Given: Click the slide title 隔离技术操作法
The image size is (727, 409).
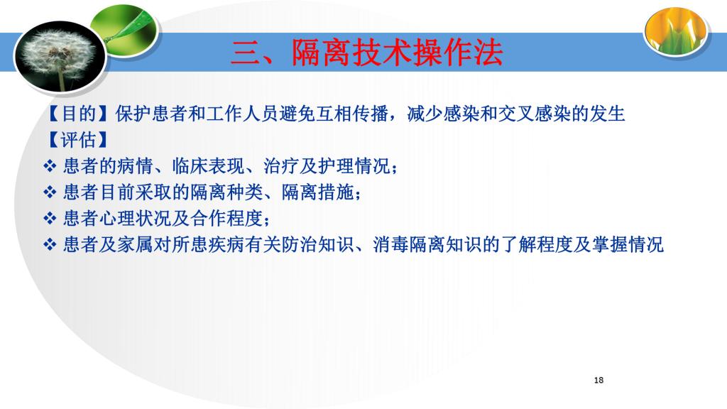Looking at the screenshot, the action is [x=398, y=53].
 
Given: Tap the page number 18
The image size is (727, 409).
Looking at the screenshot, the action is [x=598, y=381].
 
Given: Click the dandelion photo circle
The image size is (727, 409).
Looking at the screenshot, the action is [x=61, y=56].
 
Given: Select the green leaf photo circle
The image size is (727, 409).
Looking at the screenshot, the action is [x=124, y=31].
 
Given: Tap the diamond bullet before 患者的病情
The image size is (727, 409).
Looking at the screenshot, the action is [x=50, y=166].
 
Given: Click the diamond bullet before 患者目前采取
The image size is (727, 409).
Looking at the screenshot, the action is [x=50, y=192].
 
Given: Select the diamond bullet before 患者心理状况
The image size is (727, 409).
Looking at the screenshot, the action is [x=50, y=218].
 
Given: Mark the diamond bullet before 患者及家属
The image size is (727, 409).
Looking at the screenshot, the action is [x=50, y=244].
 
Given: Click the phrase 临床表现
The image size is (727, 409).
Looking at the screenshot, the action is [x=209, y=166].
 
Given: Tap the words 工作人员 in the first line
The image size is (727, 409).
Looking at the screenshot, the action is [x=243, y=114].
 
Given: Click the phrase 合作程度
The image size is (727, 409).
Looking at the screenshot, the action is [x=226, y=218].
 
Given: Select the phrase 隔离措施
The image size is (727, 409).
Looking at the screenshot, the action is [x=317, y=192].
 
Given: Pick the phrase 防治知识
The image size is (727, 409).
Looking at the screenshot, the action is [x=317, y=244].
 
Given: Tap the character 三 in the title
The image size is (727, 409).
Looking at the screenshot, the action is [x=246, y=53].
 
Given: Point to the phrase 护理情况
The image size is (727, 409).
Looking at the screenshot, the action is [x=354, y=166].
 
